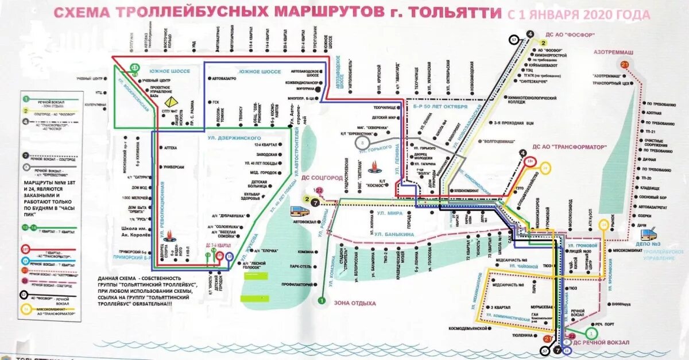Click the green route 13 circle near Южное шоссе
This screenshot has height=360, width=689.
(x=134, y=67)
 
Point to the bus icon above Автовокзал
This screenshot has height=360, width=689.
(x=299, y=211)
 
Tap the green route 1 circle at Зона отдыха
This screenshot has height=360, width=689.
(x=322, y=300)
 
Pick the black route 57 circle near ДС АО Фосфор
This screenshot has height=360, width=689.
(x=514, y=40)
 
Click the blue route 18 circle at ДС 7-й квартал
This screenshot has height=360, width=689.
(x=229, y=257)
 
